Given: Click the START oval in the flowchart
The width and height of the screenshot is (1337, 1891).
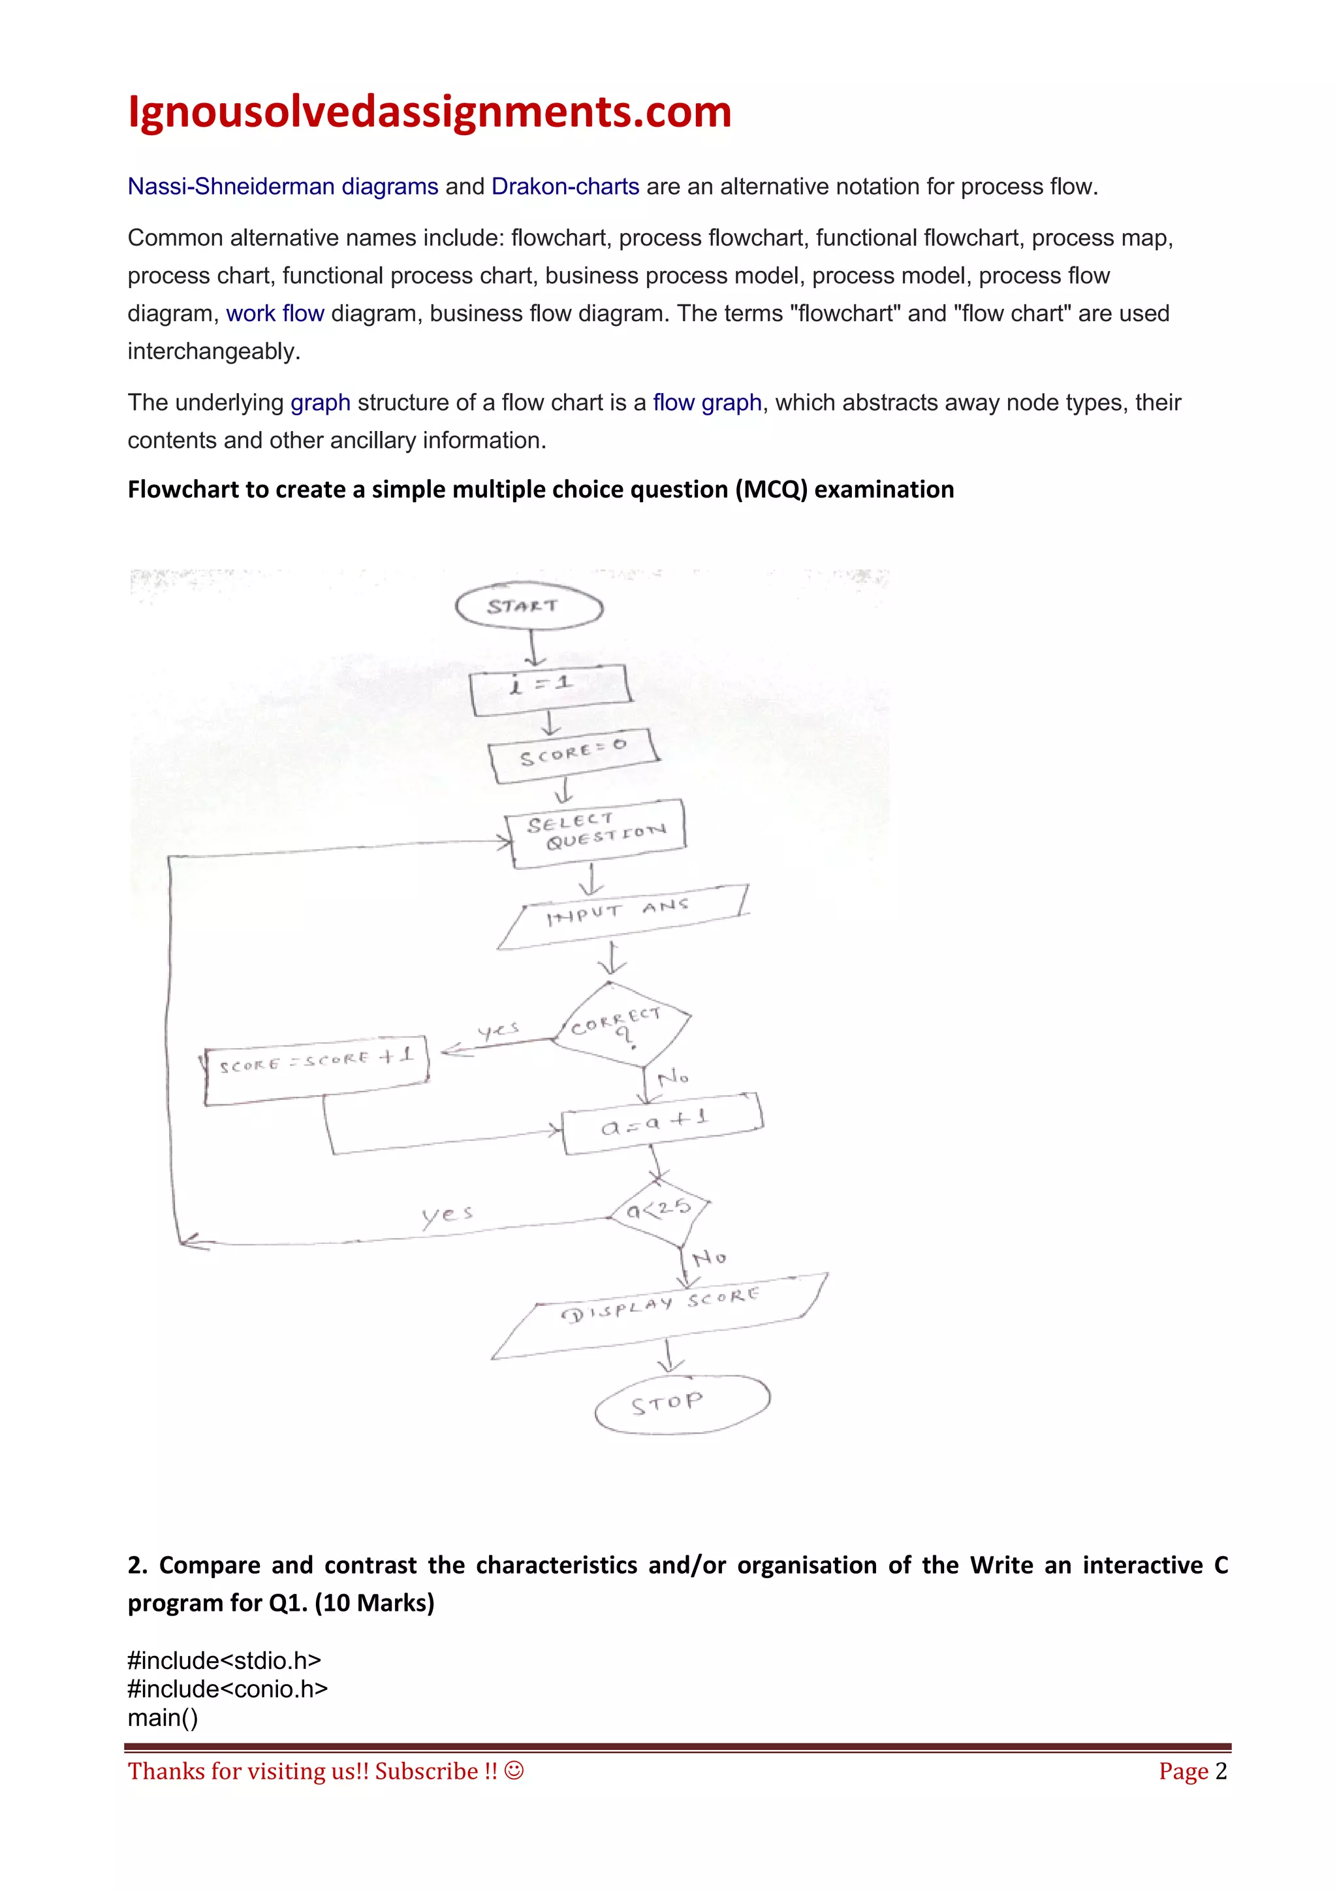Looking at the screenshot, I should click(529, 607).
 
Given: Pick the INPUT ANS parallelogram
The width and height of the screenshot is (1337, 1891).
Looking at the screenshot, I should click(622, 917).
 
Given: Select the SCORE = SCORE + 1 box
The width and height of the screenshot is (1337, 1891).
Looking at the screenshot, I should click(316, 1068).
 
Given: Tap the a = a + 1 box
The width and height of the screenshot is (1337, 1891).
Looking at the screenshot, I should click(661, 1123).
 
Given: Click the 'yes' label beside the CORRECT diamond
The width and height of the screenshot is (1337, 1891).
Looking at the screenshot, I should click(499, 1031).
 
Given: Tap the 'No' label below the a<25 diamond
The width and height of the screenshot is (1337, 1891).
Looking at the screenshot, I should click(709, 1258).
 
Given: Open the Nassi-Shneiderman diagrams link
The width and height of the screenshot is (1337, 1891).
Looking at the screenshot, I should click(283, 187).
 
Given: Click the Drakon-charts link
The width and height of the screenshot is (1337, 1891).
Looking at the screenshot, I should click(565, 187).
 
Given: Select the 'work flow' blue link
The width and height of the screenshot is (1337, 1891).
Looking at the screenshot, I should click(275, 314).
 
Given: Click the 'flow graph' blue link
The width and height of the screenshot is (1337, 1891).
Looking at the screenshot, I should click(706, 403).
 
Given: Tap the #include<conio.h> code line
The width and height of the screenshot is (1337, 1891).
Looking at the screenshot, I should click(227, 1689).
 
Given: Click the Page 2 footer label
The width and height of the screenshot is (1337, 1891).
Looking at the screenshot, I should click(1192, 1771).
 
